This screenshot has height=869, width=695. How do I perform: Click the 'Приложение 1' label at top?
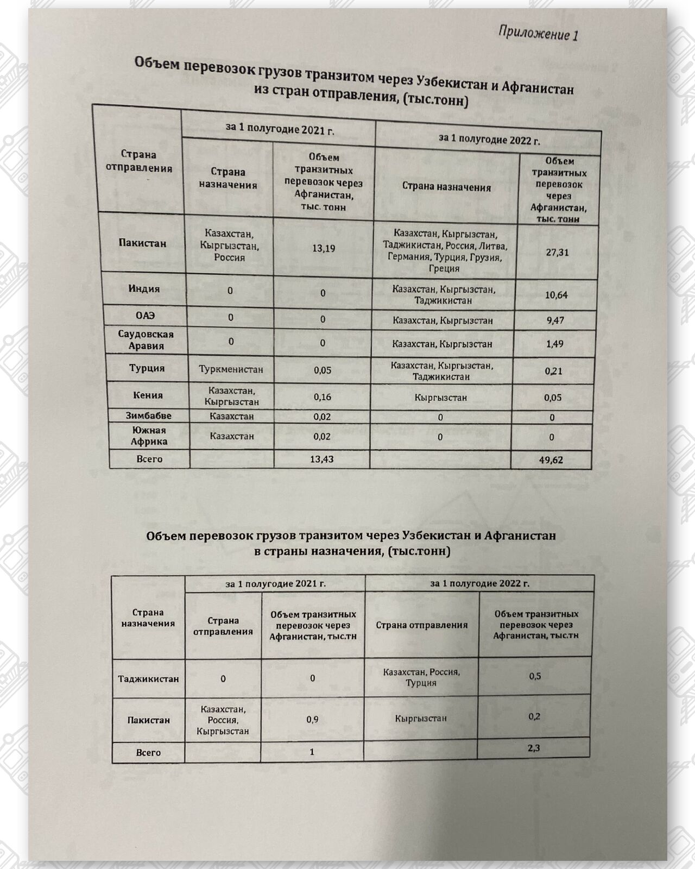pos(538,33)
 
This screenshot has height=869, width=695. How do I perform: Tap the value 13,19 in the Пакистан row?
pos(324,248)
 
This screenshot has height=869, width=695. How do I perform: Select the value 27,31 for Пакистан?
pos(557,252)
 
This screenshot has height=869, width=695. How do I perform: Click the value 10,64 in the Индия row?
pos(557,295)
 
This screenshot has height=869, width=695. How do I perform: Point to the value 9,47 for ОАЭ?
pos(555,320)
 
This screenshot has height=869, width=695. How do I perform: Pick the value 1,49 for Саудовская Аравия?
pos(555,344)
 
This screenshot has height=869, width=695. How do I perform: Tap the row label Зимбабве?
pos(148,416)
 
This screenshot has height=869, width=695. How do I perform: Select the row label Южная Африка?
pos(149,436)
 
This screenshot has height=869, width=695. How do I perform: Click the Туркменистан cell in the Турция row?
pos(231,369)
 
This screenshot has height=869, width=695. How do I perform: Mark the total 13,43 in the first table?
pos(321,459)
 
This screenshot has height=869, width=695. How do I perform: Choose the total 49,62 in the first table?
pos(551,460)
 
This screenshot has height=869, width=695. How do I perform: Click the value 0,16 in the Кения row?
pos(323,397)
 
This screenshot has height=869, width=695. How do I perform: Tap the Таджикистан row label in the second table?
pos(148,678)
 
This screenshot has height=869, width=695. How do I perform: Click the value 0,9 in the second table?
pos(312,720)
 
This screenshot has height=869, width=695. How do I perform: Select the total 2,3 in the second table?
pos(534,748)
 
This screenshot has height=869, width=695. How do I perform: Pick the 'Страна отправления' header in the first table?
pos(139,161)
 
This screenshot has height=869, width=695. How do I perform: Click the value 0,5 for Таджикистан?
pos(535,676)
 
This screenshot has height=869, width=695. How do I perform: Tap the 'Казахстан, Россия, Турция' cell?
pos(421,677)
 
